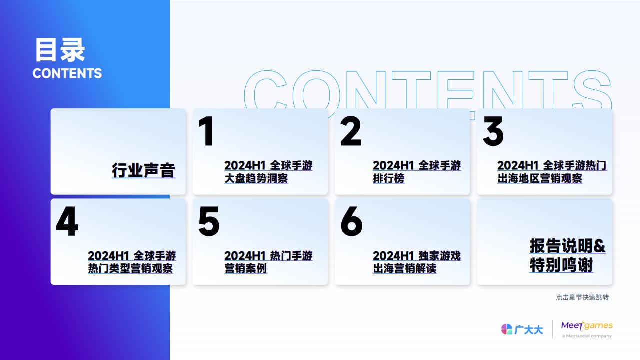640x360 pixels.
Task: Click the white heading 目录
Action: coord(60,50)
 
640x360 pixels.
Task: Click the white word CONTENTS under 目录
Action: coord(67,73)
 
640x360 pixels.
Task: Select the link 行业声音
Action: coord(143,170)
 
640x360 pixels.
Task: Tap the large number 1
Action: coord(206,131)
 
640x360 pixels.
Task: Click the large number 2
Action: coord(351,131)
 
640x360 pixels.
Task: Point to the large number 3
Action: coord(493,131)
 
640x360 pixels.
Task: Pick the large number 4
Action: coord(67,221)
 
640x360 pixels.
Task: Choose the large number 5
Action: coord(209,221)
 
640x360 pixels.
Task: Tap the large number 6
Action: coord(351,221)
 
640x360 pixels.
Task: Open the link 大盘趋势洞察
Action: coord(256,178)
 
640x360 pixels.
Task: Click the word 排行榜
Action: coord(389,178)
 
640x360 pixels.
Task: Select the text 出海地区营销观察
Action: coord(540,178)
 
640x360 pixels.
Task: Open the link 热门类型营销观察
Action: coord(130,268)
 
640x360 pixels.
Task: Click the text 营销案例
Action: coord(245,268)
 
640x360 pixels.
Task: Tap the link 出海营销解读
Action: coord(405,268)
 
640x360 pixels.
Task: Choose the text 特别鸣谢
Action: coord(561,265)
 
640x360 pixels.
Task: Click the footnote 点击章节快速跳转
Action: coord(582,297)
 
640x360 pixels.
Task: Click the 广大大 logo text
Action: coord(528,330)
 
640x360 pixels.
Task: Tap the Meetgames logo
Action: coord(587,325)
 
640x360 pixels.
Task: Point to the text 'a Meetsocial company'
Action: coord(587,336)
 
